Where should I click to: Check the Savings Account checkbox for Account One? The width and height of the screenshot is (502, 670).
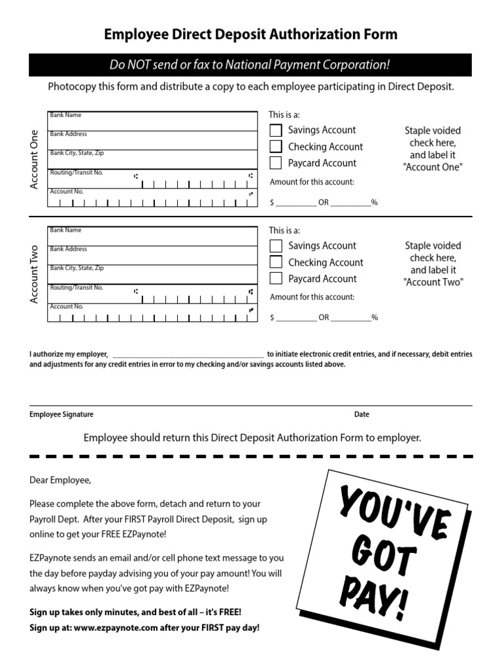pyautogui.click(x=276, y=130)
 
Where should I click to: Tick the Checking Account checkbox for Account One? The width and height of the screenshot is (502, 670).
pyautogui.click(x=276, y=147)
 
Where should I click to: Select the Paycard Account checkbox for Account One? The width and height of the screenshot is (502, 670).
pyautogui.click(x=276, y=163)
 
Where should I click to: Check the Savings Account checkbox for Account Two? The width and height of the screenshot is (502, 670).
pyautogui.click(x=276, y=246)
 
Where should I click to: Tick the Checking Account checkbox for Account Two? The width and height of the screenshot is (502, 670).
pyautogui.click(x=276, y=262)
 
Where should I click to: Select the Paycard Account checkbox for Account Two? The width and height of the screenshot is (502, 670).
pyautogui.click(x=276, y=279)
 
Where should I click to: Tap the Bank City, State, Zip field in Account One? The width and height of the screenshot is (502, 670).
pyautogui.click(x=152, y=160)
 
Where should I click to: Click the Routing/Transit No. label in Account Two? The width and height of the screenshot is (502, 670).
pyautogui.click(x=76, y=288)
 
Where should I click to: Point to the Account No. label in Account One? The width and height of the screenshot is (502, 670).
pyautogui.click(x=67, y=192)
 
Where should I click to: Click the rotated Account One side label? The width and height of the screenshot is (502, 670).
pyautogui.click(x=35, y=160)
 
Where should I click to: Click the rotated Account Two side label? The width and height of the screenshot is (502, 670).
pyautogui.click(x=35, y=275)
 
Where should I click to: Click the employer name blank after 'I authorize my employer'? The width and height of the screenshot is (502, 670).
pyautogui.click(x=188, y=354)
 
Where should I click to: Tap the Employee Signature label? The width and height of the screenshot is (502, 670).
pyautogui.click(x=61, y=414)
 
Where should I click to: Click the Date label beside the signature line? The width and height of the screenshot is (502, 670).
pyautogui.click(x=361, y=414)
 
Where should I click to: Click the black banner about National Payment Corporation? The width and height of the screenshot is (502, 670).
pyautogui.click(x=250, y=65)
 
